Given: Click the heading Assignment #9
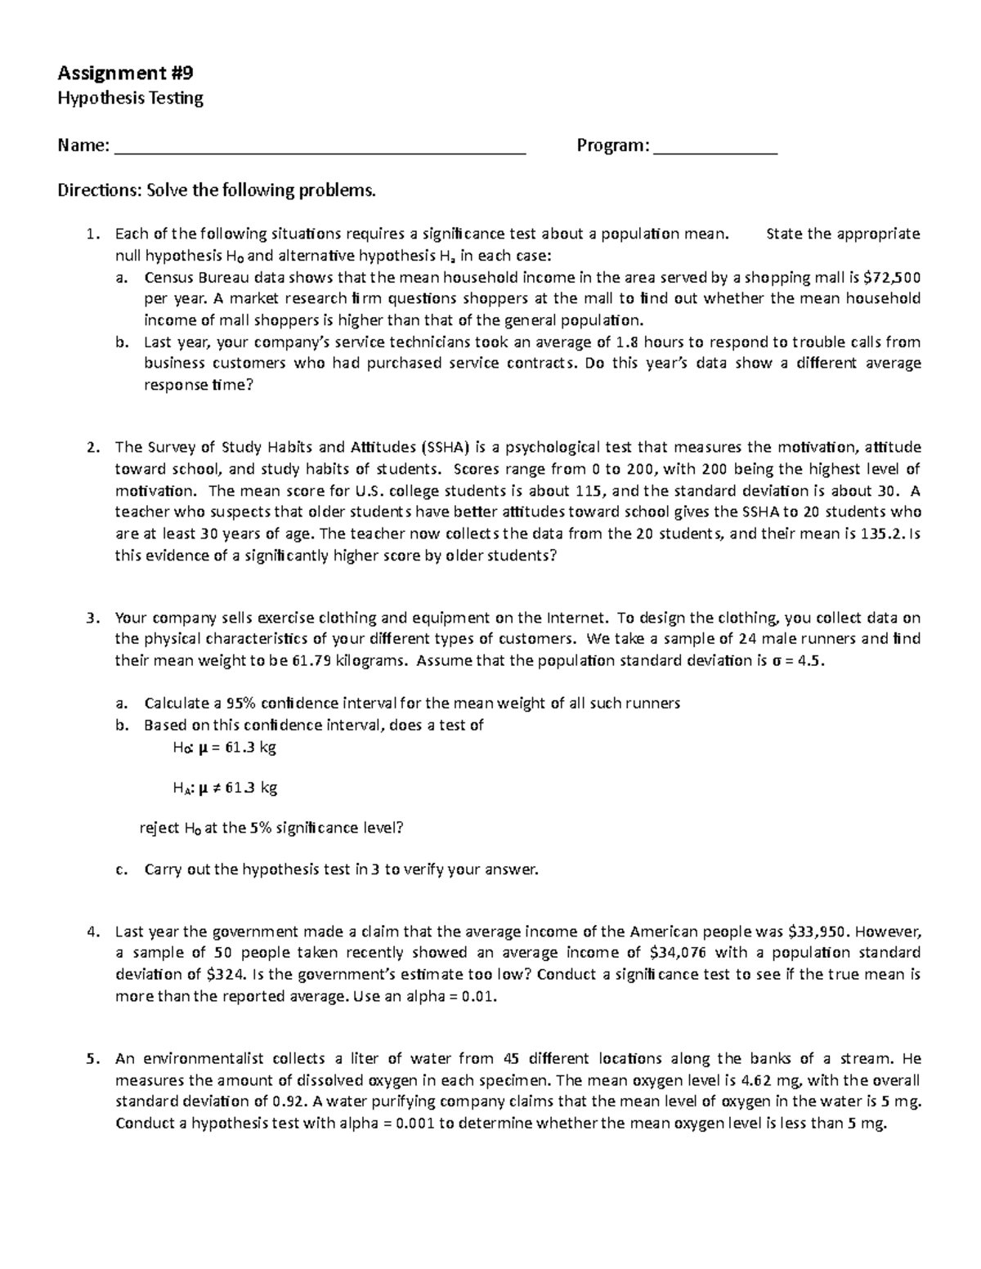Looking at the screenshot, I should pyautogui.click(x=125, y=74).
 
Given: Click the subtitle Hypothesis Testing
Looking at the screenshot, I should pyautogui.click(x=129, y=99).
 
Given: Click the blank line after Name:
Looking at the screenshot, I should pyautogui.click(x=320, y=147).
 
